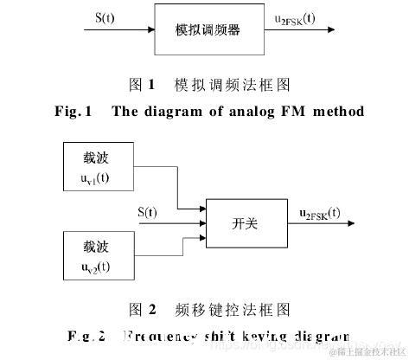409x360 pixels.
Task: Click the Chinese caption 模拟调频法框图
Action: click(x=230, y=85)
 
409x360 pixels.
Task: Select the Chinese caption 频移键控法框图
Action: click(x=229, y=309)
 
